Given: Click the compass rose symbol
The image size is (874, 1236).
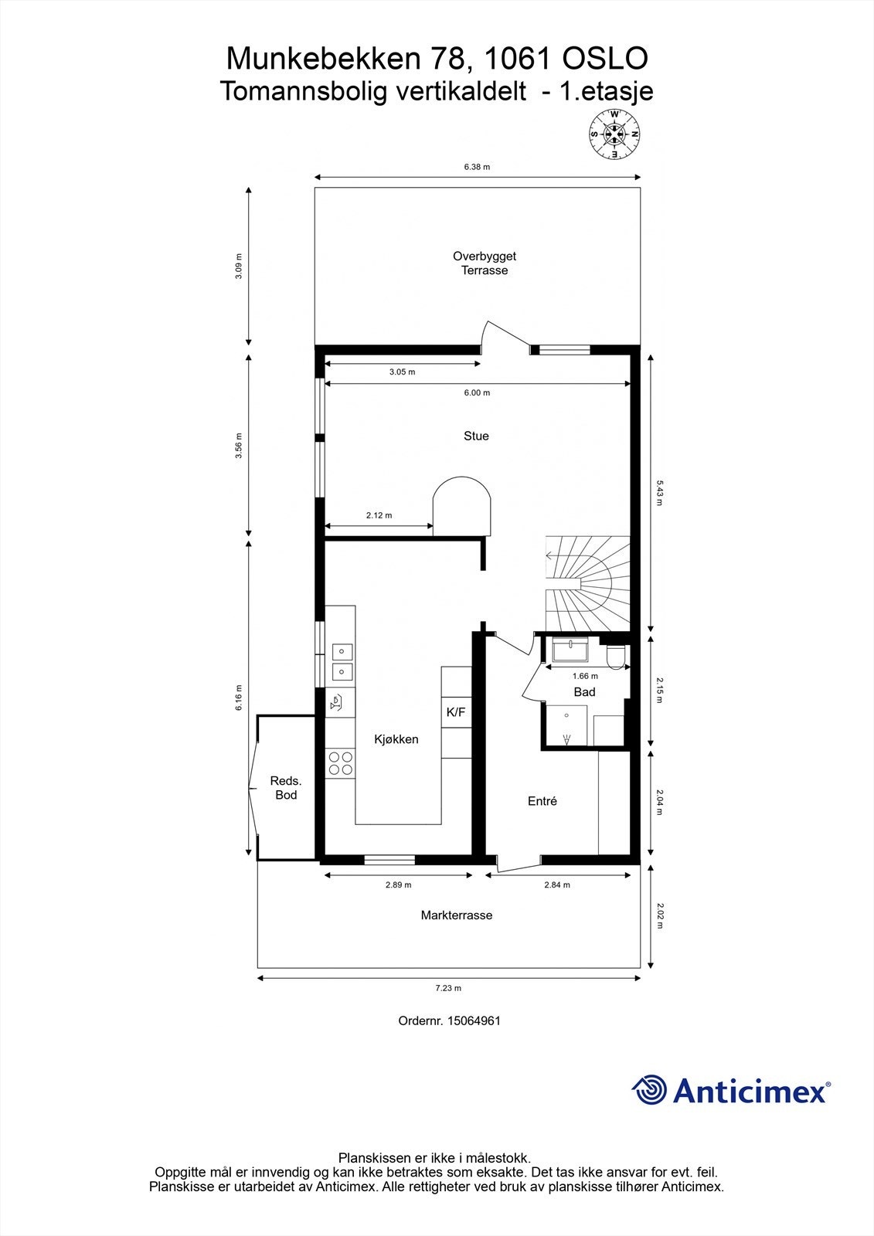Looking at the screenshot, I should point(615,134).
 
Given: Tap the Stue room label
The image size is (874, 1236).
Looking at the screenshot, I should point(476,436).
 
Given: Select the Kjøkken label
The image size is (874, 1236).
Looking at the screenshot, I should point(396,739).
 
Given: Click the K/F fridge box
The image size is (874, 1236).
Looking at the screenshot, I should point(456,712).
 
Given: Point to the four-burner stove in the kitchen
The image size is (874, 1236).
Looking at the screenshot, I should point(340,763).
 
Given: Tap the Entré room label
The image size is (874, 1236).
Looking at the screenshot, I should point(542,801).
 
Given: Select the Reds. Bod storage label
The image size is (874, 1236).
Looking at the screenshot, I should point(285,788).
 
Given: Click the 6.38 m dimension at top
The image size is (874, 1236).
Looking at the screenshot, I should point(477,167).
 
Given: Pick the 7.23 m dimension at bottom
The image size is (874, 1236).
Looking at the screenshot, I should point(448,987).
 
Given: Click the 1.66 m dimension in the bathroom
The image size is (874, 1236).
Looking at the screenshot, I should point(585,676).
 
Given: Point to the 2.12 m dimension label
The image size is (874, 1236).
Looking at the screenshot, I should point(379,515).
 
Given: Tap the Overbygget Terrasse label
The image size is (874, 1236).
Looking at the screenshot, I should point(485,263).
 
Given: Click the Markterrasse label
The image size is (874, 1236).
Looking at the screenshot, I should point(457,915).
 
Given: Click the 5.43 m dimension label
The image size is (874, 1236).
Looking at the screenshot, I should point(659,492).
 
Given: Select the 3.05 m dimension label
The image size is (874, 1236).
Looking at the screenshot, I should point(402,372).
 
